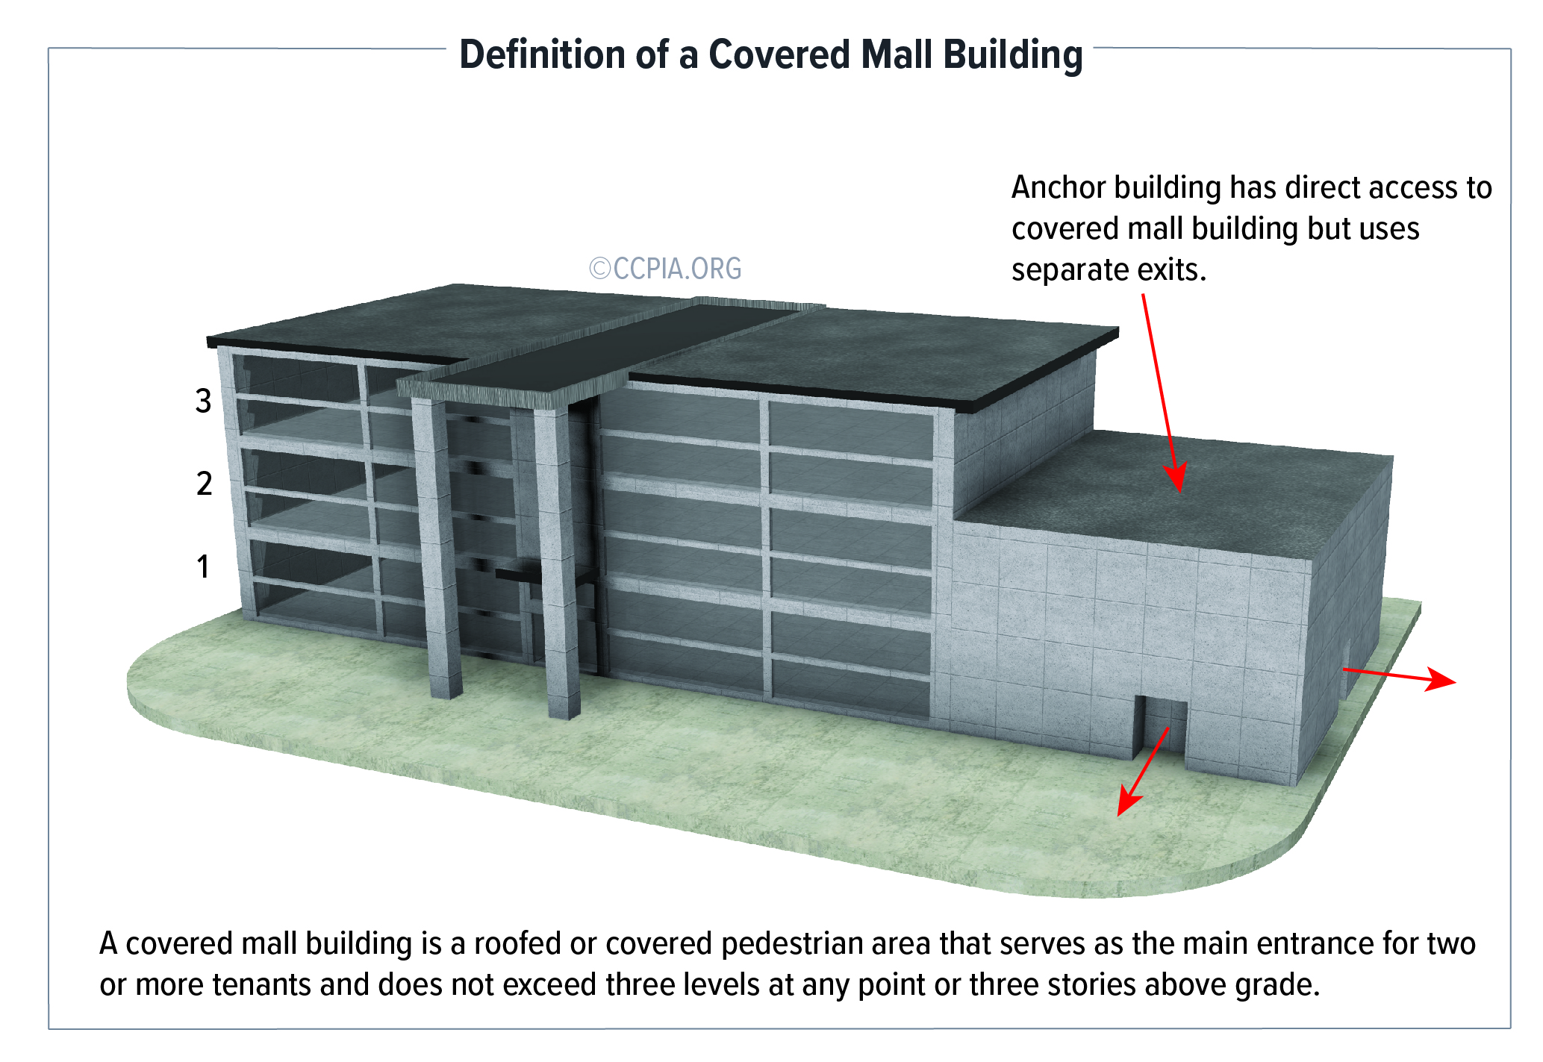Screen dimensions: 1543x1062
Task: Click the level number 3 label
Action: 204,402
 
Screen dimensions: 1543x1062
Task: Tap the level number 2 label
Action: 204,484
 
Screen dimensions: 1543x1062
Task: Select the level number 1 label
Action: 202,566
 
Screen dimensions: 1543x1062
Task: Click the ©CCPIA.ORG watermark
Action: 665,269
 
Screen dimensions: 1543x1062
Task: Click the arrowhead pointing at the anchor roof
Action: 1176,478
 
